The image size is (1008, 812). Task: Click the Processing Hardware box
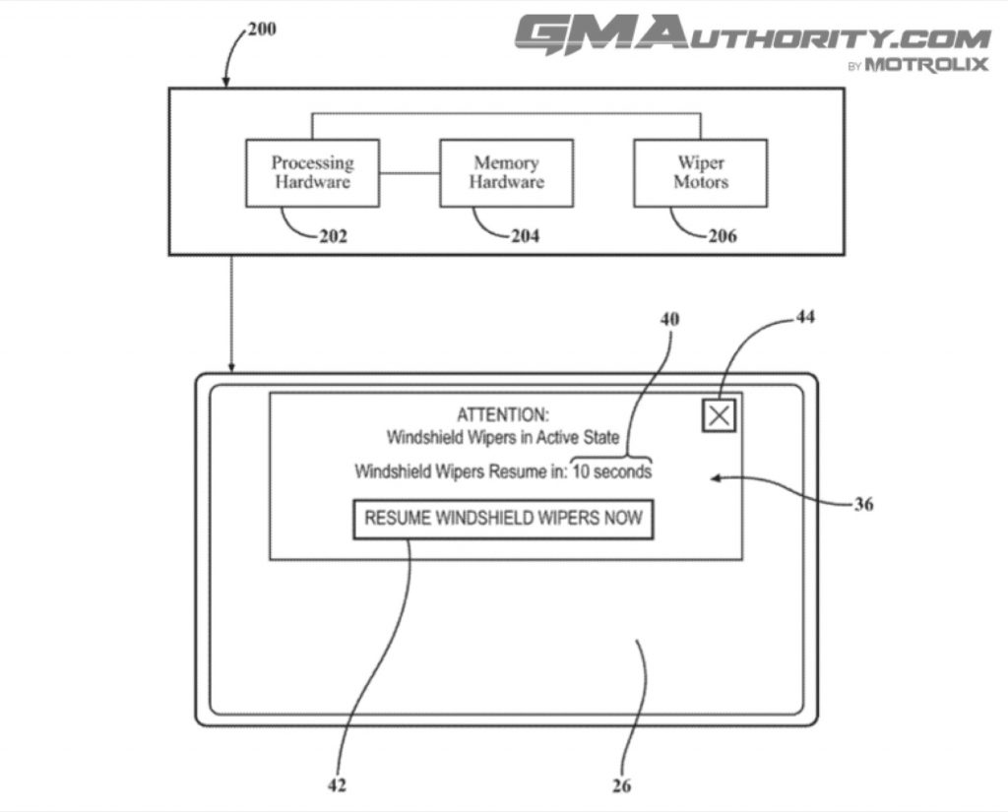point(312,172)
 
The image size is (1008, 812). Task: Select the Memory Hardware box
point(506,172)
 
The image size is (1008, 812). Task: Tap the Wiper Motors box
point(700,172)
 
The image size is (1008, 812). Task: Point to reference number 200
point(261,29)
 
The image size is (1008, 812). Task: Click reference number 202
point(333,236)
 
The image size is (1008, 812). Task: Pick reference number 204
point(525,236)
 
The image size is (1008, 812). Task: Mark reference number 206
point(721,236)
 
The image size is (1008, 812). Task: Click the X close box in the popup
point(720,415)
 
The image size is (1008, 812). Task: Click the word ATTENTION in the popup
point(503,415)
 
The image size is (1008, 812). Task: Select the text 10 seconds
point(611,471)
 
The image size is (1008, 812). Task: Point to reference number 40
point(669,319)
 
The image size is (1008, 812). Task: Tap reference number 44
point(804,317)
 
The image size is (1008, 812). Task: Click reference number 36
point(863,505)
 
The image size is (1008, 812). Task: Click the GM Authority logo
point(752,35)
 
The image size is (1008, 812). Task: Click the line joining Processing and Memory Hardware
point(409,173)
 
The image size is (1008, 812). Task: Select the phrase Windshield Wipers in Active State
point(503,437)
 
